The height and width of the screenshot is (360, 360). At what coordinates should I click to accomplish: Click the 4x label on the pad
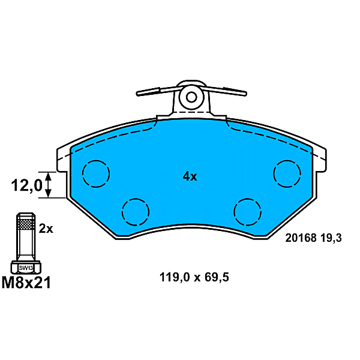tap(190, 176)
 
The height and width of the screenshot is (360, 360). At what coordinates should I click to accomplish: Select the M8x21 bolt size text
tap(26, 281)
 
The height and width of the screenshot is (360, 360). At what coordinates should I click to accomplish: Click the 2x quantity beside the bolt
tap(46, 229)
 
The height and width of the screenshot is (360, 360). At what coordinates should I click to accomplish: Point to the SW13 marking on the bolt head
tap(25, 268)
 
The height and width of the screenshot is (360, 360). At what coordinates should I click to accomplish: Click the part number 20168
tap(299, 238)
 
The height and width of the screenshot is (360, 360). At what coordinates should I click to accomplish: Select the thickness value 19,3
tap(331, 238)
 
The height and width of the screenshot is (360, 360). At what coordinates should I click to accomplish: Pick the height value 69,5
tap(217, 278)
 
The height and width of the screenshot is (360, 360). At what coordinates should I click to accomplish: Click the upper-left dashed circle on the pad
tap(96, 174)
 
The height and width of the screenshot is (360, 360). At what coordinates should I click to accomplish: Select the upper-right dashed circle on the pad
tap(287, 174)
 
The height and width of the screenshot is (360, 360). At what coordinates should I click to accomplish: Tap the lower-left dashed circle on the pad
tap(135, 211)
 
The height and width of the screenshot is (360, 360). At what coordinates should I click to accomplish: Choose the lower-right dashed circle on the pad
tap(248, 211)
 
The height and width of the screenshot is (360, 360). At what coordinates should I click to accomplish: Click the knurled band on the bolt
tap(25, 224)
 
